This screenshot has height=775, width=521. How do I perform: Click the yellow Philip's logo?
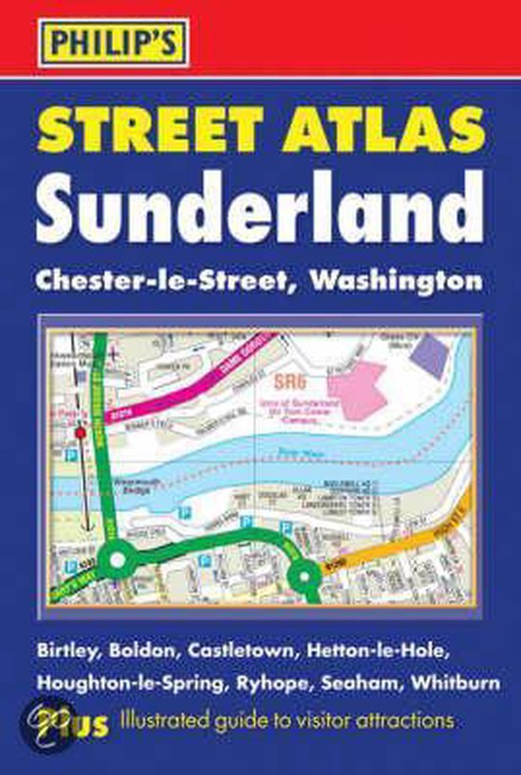(101, 43)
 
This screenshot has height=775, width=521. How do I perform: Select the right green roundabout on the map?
(303, 574)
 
